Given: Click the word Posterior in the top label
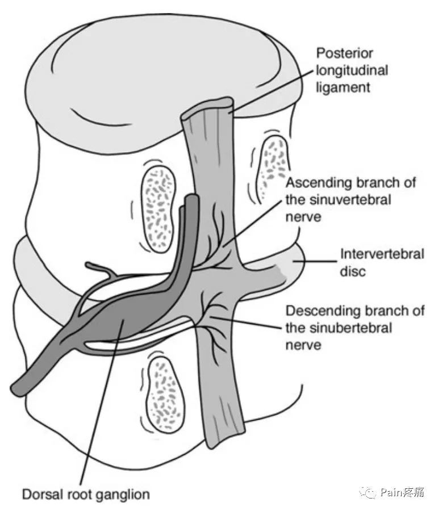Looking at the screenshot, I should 345,53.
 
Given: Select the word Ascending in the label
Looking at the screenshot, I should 314,183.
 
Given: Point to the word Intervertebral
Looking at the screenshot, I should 381,254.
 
